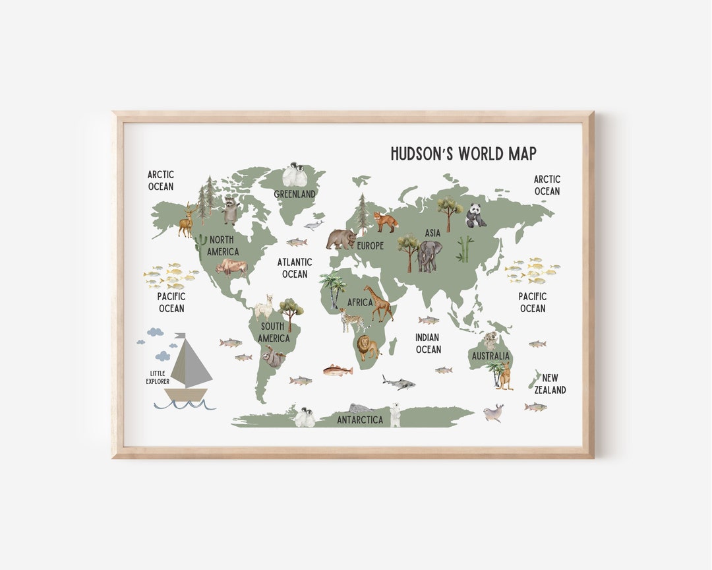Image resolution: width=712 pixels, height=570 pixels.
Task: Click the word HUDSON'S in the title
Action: click(x=423, y=154)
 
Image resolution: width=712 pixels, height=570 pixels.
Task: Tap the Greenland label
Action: click(x=295, y=194)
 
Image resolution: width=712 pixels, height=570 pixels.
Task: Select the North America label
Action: click(x=223, y=246)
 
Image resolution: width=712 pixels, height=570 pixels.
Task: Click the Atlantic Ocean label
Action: click(x=295, y=268)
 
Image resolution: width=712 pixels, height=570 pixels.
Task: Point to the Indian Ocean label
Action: click(x=428, y=344)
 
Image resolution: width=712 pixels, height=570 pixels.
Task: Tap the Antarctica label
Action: click(x=360, y=420)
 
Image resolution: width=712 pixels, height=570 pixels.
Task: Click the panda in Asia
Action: click(x=476, y=216)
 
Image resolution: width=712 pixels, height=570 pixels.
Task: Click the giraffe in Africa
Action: click(x=379, y=304)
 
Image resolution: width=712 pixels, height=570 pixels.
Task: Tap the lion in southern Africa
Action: click(x=367, y=348)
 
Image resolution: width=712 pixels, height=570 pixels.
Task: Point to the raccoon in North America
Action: click(x=230, y=210)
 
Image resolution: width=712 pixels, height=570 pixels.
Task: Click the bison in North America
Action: click(x=231, y=267)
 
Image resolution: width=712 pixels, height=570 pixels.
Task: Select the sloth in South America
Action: click(x=276, y=359)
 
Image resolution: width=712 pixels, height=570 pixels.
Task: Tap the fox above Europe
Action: click(x=386, y=222)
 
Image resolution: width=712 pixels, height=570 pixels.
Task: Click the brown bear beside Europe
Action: click(x=341, y=239)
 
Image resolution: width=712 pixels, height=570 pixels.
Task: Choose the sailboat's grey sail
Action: click(x=190, y=362)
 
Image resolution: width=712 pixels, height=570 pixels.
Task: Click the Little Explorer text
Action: click(x=158, y=377)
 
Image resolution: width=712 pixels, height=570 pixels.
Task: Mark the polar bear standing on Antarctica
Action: click(x=395, y=415)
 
